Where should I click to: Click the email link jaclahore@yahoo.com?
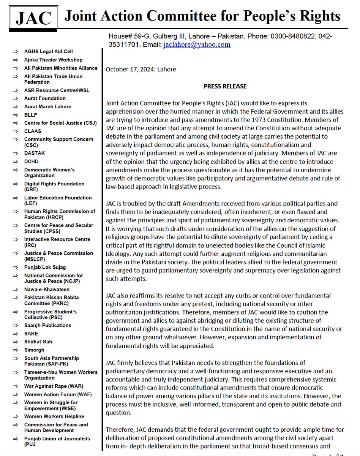pyautogui.click(x=197, y=44)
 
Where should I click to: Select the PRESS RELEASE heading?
pyautogui.click(x=225, y=86)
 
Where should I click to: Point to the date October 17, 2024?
pyautogui.click(x=141, y=69)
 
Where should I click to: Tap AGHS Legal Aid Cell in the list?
pyautogui.click(x=48, y=51)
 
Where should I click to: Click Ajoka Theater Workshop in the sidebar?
pyautogui.click(x=53, y=60)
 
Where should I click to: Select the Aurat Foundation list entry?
pyautogui.click(x=45, y=98)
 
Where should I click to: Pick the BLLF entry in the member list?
pyautogui.click(x=31, y=115)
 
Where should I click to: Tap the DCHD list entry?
pyautogui.click(x=32, y=161)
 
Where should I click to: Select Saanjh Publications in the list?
pyautogui.click(x=47, y=325)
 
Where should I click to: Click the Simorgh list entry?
pyautogui.click(x=34, y=350)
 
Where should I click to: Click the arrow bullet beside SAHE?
pyautogui.click(x=15, y=334)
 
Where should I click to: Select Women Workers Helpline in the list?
pyautogui.click(x=54, y=416)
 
